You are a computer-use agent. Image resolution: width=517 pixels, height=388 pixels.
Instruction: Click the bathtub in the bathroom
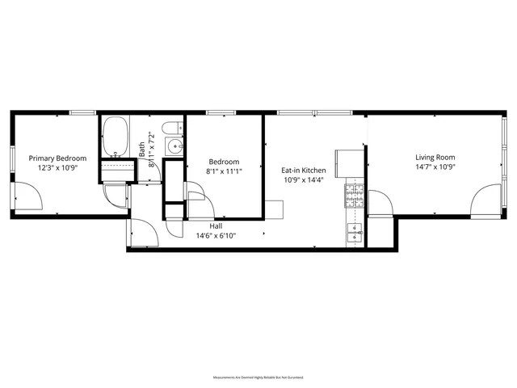116,137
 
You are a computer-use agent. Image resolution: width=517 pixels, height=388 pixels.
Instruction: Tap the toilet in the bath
170,129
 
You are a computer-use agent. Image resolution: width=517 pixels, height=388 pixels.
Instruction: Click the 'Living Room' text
435,158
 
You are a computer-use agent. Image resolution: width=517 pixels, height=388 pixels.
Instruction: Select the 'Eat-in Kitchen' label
303,171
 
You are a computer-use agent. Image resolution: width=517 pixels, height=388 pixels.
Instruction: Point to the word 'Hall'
216,226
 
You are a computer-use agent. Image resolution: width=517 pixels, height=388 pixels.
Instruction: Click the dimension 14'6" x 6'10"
216,236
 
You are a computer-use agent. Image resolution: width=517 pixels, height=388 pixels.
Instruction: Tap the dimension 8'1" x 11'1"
224,171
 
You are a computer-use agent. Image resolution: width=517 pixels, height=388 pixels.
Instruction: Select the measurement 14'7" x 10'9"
435,167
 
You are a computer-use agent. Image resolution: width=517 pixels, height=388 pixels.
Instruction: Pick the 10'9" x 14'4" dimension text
303,180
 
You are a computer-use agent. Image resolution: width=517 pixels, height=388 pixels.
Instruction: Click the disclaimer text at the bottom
258,377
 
